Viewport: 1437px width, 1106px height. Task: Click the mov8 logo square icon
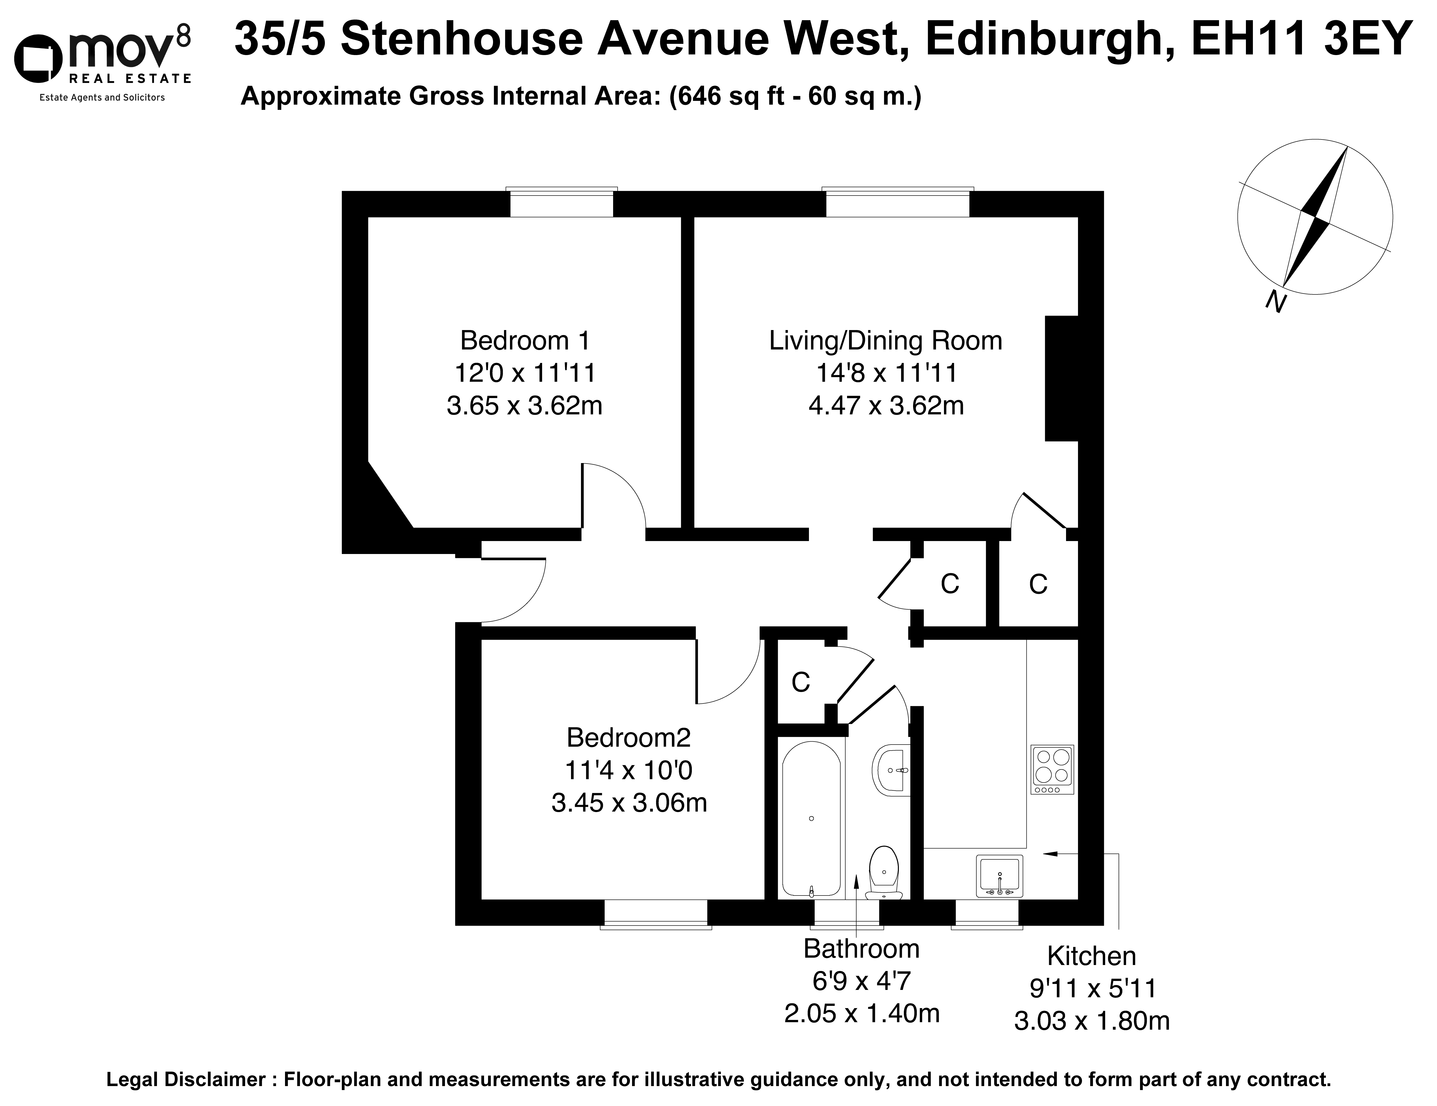(38, 61)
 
